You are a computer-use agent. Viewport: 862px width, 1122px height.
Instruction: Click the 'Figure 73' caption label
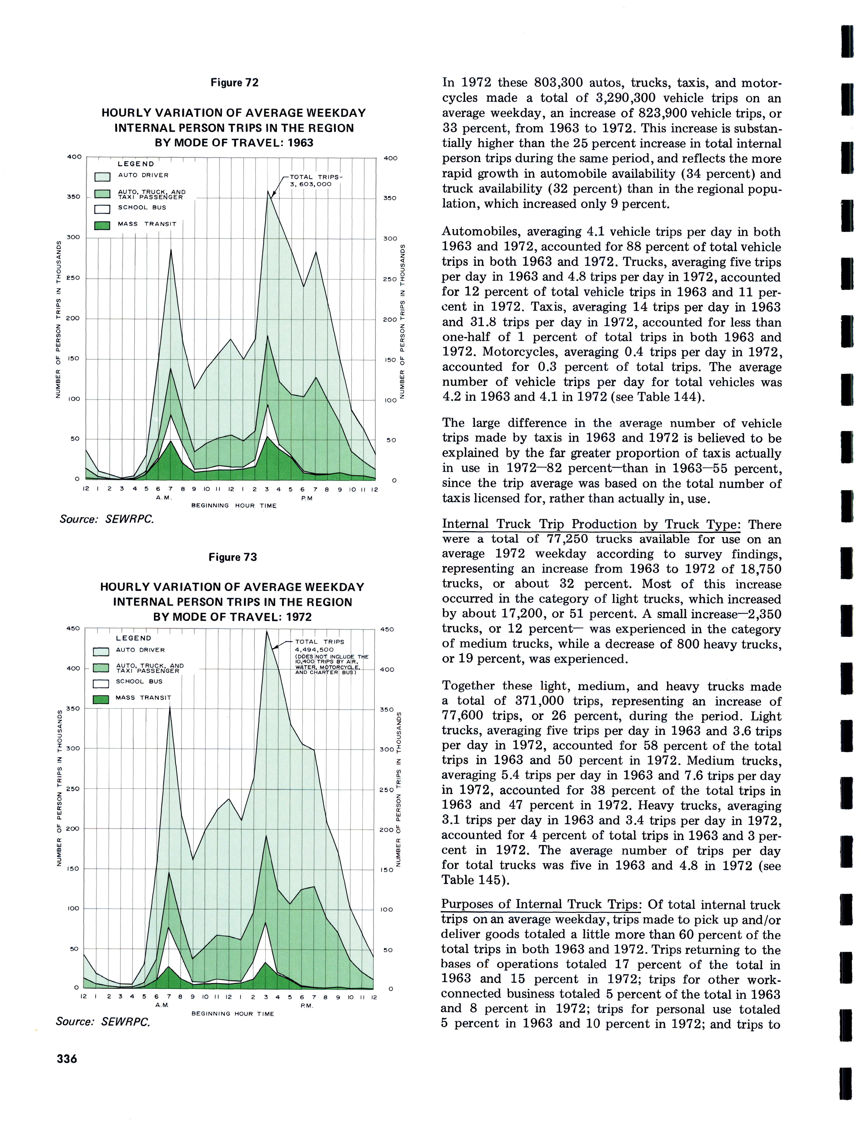coord(232,557)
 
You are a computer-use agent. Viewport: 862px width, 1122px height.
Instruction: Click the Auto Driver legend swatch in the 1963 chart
coord(103,177)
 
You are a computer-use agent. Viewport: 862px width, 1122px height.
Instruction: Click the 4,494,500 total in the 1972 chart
coord(314,650)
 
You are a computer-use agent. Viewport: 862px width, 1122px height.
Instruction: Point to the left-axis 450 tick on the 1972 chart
coord(73,629)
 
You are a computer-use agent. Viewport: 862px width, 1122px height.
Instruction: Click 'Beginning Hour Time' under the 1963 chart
coord(234,506)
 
